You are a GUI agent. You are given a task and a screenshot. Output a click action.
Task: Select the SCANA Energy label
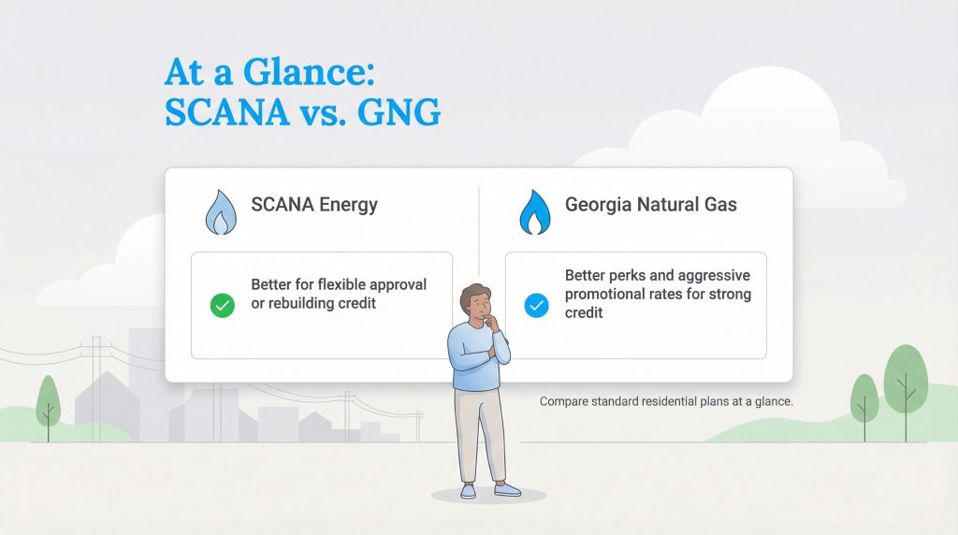tap(314, 205)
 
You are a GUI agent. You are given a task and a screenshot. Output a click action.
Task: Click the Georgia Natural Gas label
tap(650, 205)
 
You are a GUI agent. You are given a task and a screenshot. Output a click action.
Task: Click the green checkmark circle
tap(222, 305)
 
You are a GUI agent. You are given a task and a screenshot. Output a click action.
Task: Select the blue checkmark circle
tap(536, 305)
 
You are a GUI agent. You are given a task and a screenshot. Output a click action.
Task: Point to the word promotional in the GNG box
tap(608, 295)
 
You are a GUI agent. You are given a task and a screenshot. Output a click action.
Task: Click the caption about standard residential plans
tap(666, 402)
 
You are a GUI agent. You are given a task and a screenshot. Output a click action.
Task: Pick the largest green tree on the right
tap(904, 379)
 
